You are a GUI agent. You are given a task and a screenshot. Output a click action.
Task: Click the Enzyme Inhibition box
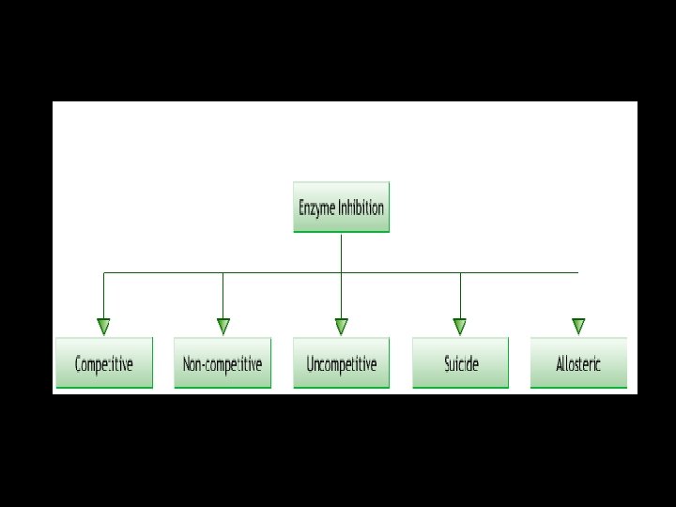point(341,207)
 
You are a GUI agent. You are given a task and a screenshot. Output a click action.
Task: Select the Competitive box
point(103,362)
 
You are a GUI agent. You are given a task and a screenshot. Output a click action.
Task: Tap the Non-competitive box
point(223,362)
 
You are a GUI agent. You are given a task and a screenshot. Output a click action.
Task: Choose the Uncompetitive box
point(341,362)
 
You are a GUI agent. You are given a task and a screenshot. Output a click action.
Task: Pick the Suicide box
point(460,362)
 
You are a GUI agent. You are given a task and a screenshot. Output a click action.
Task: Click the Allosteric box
point(578,362)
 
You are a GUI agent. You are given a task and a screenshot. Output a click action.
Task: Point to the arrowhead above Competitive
point(103,327)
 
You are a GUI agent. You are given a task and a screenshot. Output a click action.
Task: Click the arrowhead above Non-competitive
point(223,327)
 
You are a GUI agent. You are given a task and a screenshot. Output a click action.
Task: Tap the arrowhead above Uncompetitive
point(341,327)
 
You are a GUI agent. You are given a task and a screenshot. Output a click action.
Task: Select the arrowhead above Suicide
point(460,327)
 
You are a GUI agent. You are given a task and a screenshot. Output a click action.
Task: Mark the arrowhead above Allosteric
point(578,327)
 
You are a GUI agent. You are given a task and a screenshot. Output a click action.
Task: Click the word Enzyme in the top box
point(316,208)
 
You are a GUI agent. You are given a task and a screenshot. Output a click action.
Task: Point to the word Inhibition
point(361,207)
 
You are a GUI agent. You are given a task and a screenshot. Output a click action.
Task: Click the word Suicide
point(460,364)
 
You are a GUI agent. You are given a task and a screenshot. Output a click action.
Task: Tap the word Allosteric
point(578,364)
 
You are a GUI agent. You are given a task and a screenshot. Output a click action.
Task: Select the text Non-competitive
point(223,364)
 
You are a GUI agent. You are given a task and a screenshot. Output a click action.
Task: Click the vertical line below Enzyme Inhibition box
point(341,252)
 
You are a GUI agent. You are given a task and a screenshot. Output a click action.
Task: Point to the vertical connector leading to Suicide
point(460,296)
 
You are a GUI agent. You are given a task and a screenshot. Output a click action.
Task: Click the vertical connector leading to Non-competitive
point(223,296)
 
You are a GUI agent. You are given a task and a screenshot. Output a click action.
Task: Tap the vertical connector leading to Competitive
point(103,296)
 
